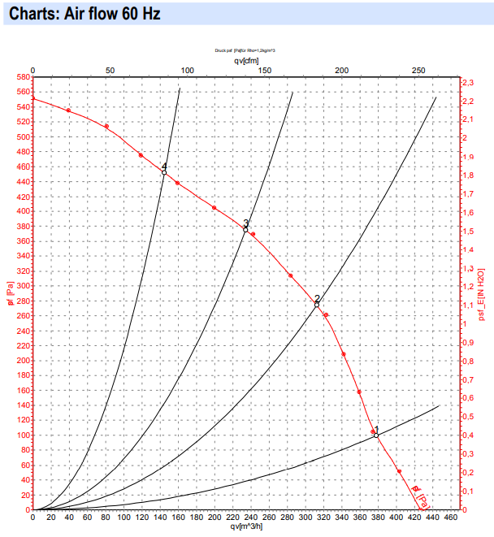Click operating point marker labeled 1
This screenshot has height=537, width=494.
(376, 435)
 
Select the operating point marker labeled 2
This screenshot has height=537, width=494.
(317, 305)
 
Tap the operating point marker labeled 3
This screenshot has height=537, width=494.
(245, 230)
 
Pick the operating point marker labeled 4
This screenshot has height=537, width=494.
(164, 173)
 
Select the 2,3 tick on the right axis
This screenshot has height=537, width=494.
(467, 84)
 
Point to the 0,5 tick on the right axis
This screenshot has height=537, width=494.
(467, 417)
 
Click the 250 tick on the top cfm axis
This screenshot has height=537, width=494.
(418, 71)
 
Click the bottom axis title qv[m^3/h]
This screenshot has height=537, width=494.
(246, 526)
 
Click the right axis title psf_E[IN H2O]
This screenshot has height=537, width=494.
(482, 292)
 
